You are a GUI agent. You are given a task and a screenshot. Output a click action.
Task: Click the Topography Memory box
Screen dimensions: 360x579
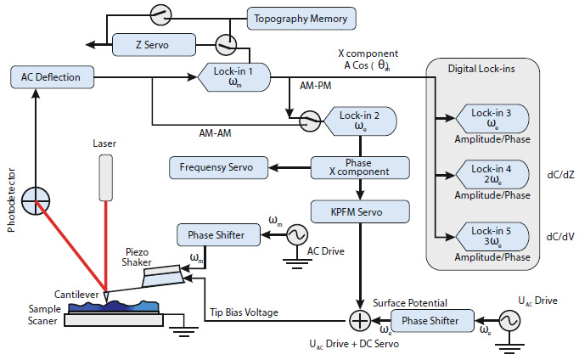point(302,17)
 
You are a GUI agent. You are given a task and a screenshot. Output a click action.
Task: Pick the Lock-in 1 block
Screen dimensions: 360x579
point(235,77)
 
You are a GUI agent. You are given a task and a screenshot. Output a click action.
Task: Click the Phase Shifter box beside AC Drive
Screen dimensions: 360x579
point(210,233)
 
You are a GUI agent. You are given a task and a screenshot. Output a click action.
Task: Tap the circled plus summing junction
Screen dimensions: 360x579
point(359,321)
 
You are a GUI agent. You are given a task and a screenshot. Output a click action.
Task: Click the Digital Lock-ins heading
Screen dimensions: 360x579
point(482,66)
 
